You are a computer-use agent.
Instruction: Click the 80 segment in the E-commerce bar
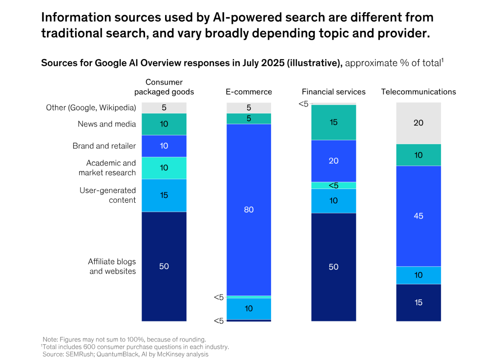pyautogui.click(x=249, y=210)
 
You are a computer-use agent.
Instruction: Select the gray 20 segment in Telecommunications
pyautogui.click(x=418, y=123)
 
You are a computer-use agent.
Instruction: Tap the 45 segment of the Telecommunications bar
pyautogui.click(x=418, y=216)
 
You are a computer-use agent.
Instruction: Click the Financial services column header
pyautogui.click(x=333, y=92)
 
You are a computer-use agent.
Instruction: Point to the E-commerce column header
pyautogui.click(x=249, y=92)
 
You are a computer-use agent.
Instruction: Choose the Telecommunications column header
pyautogui.click(x=418, y=92)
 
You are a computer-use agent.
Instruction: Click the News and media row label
pyautogui.click(x=106, y=124)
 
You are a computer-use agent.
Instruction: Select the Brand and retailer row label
pyautogui.click(x=104, y=146)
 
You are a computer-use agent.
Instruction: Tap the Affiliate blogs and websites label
pyautogui.click(x=112, y=266)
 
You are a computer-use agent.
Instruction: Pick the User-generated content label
pyautogui.click(x=107, y=195)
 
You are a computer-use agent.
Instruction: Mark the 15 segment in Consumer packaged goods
pyautogui.click(x=164, y=195)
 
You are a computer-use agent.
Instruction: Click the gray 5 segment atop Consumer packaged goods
pyautogui.click(x=164, y=108)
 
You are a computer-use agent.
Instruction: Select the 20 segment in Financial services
pyautogui.click(x=333, y=161)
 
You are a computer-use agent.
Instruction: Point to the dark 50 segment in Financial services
pyautogui.click(x=333, y=267)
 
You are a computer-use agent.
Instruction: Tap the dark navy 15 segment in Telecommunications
pyautogui.click(x=418, y=302)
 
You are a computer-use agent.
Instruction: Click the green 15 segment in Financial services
pyautogui.click(x=333, y=122)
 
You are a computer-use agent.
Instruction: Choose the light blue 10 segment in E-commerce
pyautogui.click(x=249, y=308)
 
